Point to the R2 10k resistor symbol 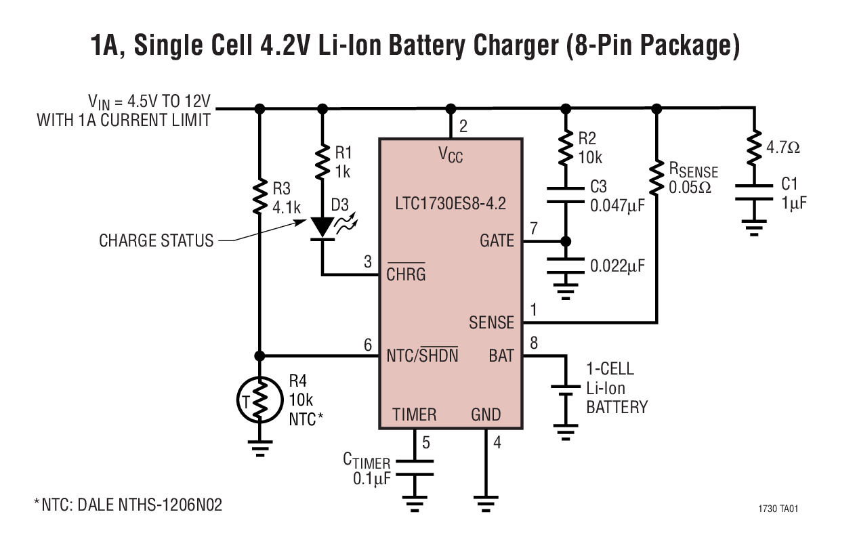pos(566,148)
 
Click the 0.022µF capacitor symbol pos(566,263)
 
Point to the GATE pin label pos(497,240)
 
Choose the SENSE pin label pos(491,322)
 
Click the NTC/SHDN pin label pos(421,356)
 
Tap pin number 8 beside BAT pos(534,343)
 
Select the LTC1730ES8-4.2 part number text pos(451,202)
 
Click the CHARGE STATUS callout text pos(157,240)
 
